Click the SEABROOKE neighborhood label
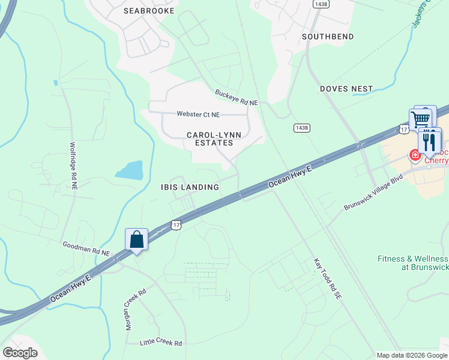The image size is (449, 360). click(x=149, y=11)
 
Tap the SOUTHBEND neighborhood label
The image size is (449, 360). click(x=327, y=37)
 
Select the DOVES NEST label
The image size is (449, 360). click(x=346, y=89)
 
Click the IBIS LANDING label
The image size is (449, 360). click(x=189, y=187)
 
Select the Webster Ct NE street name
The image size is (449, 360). click(x=198, y=114)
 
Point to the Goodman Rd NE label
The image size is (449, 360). click(x=86, y=249)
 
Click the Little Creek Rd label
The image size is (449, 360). click(x=160, y=343)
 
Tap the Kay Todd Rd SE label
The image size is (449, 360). click(x=327, y=280)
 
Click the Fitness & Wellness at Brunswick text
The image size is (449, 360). click(x=413, y=263)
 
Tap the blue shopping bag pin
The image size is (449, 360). click(x=137, y=240)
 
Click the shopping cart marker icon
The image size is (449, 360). click(x=421, y=119)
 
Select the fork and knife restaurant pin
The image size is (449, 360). click(x=429, y=142)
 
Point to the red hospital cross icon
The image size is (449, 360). click(x=414, y=155)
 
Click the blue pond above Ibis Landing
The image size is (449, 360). click(x=130, y=170)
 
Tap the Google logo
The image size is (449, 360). click(x=20, y=353)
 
